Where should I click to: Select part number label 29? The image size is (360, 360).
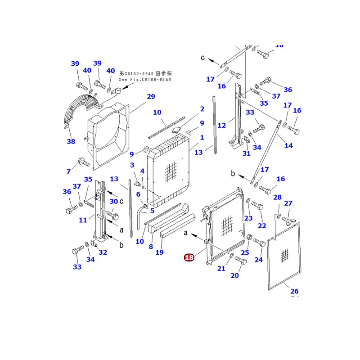click(151, 97)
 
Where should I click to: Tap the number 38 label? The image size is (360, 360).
click(71, 141)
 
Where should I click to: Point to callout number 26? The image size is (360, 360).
click(294, 291)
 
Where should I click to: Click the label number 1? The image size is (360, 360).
click(202, 137)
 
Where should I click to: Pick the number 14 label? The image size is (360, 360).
click(288, 145)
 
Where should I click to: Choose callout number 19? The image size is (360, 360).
click(159, 252)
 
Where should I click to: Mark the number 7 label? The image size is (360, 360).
click(68, 171)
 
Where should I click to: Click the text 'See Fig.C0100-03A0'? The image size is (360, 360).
click(145, 80)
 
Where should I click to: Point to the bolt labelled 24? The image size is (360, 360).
click(260, 243)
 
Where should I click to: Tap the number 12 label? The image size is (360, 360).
click(222, 126)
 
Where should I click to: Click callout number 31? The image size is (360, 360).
click(246, 154)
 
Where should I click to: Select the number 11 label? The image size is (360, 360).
click(83, 220)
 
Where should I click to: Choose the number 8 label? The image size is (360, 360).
click(151, 247)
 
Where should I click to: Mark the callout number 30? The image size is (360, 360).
click(113, 201)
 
